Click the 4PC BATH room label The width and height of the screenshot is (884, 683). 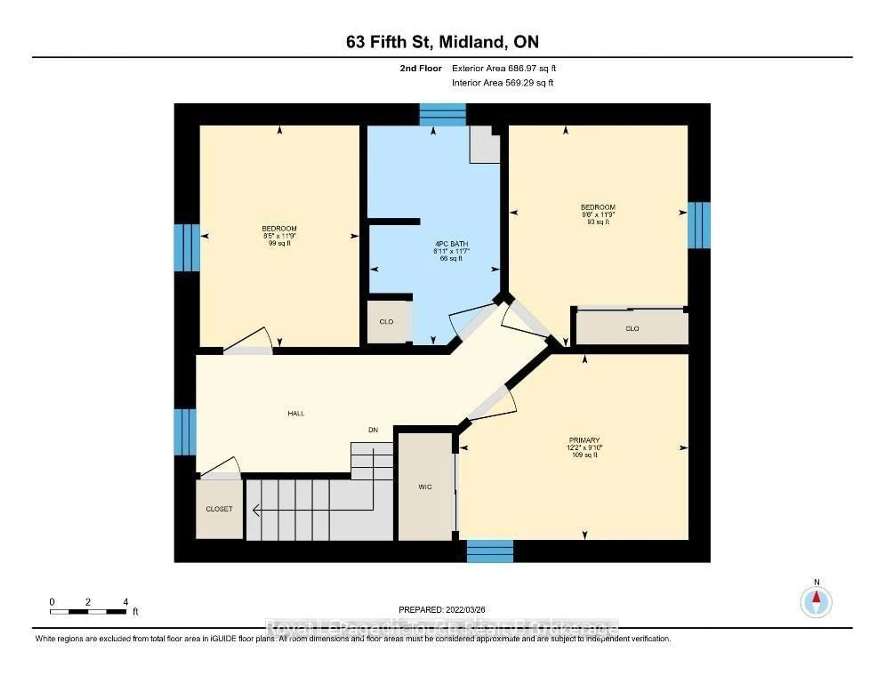(451, 244)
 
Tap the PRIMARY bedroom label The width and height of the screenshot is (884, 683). (584, 440)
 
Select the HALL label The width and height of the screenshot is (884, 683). (296, 413)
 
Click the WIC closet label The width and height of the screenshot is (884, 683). (425, 487)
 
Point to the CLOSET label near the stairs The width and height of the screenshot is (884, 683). (219, 509)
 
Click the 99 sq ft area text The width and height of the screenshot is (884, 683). (279, 243)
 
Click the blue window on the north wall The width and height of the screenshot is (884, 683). (442, 115)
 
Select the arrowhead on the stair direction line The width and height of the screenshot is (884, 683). (256, 511)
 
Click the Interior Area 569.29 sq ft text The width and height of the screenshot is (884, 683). (502, 83)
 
